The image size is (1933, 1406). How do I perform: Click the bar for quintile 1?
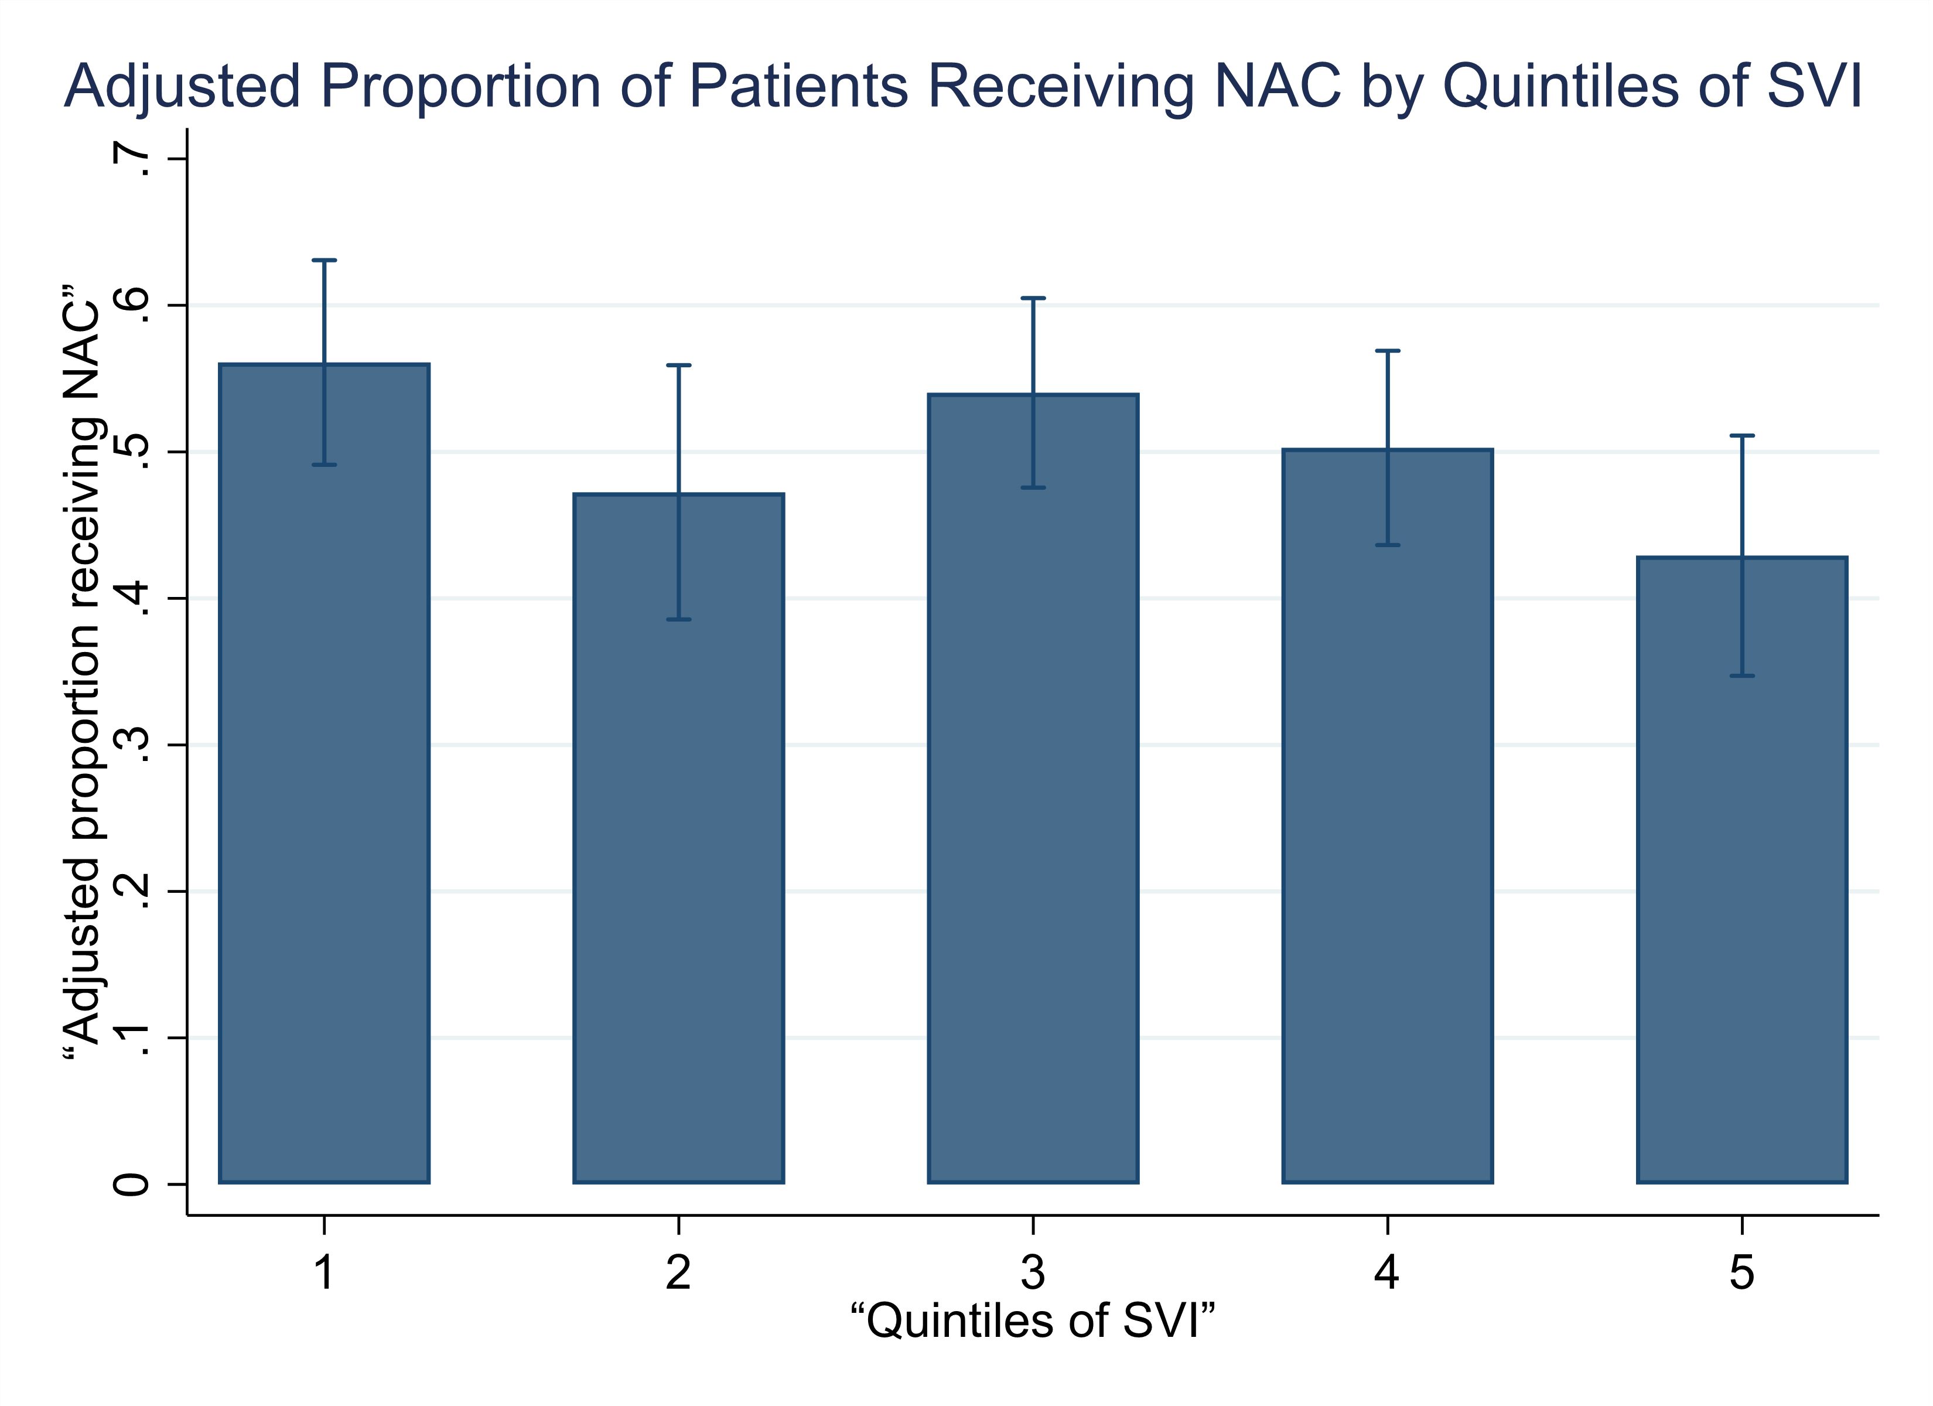(x=324, y=773)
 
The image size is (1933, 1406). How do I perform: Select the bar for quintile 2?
(x=678, y=838)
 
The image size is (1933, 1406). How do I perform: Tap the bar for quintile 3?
(x=1033, y=789)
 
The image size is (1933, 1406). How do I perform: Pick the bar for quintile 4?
(x=1388, y=816)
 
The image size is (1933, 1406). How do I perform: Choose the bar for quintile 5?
(x=1742, y=870)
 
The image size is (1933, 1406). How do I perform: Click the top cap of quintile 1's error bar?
(x=324, y=260)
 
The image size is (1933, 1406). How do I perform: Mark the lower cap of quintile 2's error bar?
(x=678, y=619)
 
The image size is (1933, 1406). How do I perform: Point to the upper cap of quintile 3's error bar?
(x=1033, y=298)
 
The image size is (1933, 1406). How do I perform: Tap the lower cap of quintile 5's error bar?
(x=1742, y=676)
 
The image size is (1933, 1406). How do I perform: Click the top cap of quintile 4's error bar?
(x=1388, y=350)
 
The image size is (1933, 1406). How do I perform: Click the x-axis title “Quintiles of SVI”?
(x=1032, y=1320)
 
